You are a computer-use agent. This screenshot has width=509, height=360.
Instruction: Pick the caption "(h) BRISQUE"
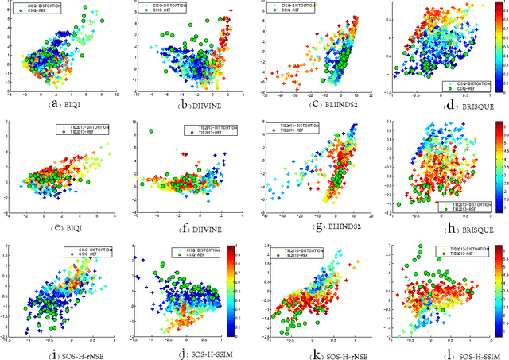click(x=438, y=226)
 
